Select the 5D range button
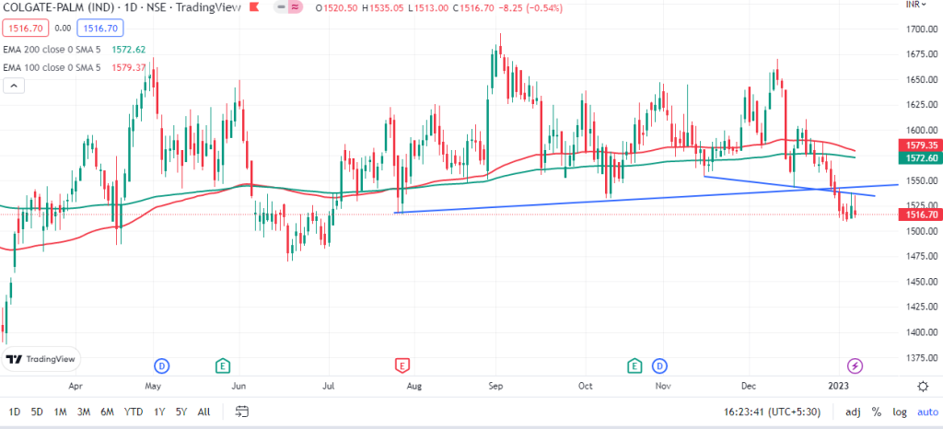tap(36, 412)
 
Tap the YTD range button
tap(133, 412)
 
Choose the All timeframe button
tap(204, 412)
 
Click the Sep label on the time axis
tap(495, 385)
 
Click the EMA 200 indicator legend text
tap(52, 50)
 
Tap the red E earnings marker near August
tap(402, 365)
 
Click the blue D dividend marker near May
tap(162, 365)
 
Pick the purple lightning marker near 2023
tap(856, 365)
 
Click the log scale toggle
tap(899, 412)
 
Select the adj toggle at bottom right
tap(853, 412)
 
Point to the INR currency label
tap(915, 6)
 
